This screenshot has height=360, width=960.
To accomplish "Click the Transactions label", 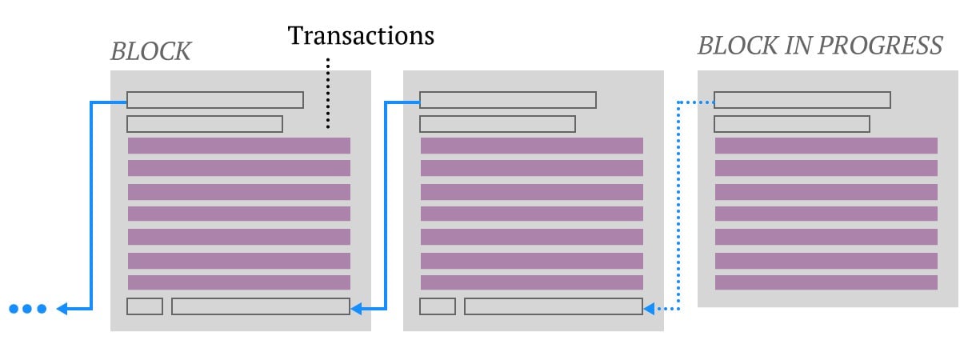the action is pyautogui.click(x=361, y=35).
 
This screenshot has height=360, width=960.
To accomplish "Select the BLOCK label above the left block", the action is pyautogui.click(x=151, y=51).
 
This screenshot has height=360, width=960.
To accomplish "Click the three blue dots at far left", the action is pyautogui.click(x=28, y=309).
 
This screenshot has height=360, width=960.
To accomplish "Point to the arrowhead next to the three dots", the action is pyautogui.click(x=62, y=309).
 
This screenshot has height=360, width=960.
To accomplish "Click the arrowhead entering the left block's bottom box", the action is pyautogui.click(x=356, y=309).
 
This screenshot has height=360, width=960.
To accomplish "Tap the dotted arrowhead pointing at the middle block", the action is pyautogui.click(x=649, y=309).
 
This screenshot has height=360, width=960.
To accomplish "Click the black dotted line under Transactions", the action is pyautogui.click(x=328, y=93).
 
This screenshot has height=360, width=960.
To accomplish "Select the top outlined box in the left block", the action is pyautogui.click(x=215, y=100).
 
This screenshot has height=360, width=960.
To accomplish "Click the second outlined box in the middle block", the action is pyautogui.click(x=498, y=124).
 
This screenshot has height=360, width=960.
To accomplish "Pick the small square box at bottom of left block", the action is pyautogui.click(x=145, y=306).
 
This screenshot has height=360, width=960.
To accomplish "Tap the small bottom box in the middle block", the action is pyautogui.click(x=438, y=306).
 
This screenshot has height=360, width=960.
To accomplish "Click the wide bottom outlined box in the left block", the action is pyautogui.click(x=261, y=306).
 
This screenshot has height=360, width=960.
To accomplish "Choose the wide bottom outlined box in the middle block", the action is pyautogui.click(x=554, y=306).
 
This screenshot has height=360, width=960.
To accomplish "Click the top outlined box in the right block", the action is pyautogui.click(x=802, y=100).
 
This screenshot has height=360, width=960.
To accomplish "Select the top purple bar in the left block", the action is pyautogui.click(x=239, y=146).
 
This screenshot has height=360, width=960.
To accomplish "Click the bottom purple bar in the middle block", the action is pyautogui.click(x=532, y=282).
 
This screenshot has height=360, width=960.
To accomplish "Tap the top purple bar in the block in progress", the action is pyautogui.click(x=826, y=146).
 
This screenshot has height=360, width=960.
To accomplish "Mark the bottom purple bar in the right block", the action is pyautogui.click(x=826, y=282).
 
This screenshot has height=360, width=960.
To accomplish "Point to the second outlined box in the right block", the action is pyautogui.click(x=792, y=124).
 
